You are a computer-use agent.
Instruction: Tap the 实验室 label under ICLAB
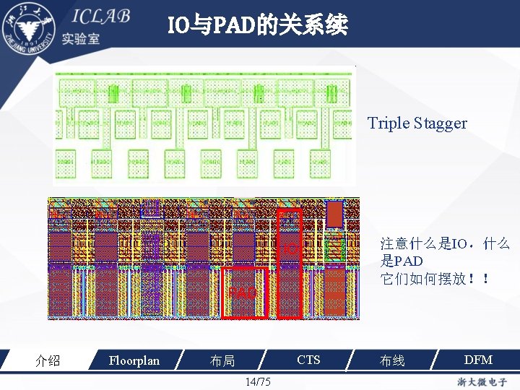(x=81, y=39)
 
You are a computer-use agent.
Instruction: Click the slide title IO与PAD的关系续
(x=258, y=26)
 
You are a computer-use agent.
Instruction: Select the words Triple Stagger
(x=417, y=123)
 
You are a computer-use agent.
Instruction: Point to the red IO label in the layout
(x=290, y=250)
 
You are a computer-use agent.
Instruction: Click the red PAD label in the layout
(x=243, y=293)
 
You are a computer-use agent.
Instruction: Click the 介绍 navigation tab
(x=48, y=360)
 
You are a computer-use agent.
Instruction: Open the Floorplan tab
(x=134, y=360)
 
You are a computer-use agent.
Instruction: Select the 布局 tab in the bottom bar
(x=222, y=360)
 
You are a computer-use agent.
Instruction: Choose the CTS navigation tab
(x=308, y=360)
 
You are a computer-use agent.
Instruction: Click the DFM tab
(x=478, y=360)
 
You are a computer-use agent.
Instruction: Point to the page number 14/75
(x=258, y=381)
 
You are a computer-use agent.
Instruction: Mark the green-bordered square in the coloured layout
(x=334, y=249)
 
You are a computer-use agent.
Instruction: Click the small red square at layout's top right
(x=335, y=213)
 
